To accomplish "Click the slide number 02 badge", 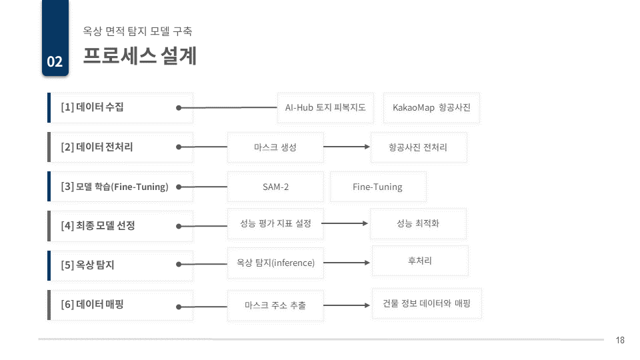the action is tap(55, 38).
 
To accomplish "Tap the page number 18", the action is tap(620, 340).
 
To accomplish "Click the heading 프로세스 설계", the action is tap(139, 55).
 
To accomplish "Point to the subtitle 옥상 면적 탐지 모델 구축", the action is tap(137, 31).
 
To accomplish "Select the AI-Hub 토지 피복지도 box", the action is tap(325, 108).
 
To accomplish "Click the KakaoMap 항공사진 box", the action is tap(431, 108).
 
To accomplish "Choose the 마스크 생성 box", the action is tap(275, 147).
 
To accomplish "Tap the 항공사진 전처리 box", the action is tap(419, 147).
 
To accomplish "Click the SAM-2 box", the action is tap(275, 187).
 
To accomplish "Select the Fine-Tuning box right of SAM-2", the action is tap(378, 187).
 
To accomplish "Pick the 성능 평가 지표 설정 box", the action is tap(275, 224).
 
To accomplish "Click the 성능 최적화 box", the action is tap(418, 224).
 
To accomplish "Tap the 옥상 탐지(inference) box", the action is tap(275, 263).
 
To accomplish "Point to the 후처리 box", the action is tap(420, 261).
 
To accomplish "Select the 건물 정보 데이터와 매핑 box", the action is tap(427, 303).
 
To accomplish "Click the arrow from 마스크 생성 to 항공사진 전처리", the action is tap(347, 147).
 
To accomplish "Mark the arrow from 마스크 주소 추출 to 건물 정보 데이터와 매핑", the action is tap(347, 305).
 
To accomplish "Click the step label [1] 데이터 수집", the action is tap(92, 107).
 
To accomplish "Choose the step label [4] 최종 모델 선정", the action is tap(98, 225).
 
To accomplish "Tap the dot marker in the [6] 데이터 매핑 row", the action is tap(179, 307).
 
